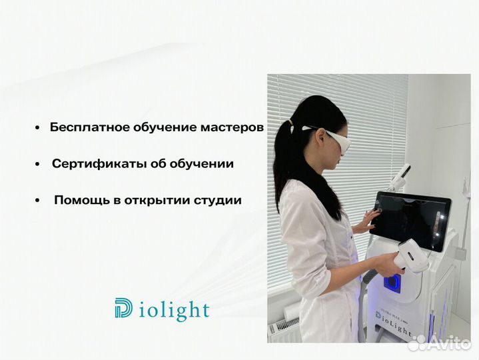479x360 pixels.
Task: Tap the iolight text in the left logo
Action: [x=173, y=311]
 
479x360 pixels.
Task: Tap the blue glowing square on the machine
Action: [x=394, y=283]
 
